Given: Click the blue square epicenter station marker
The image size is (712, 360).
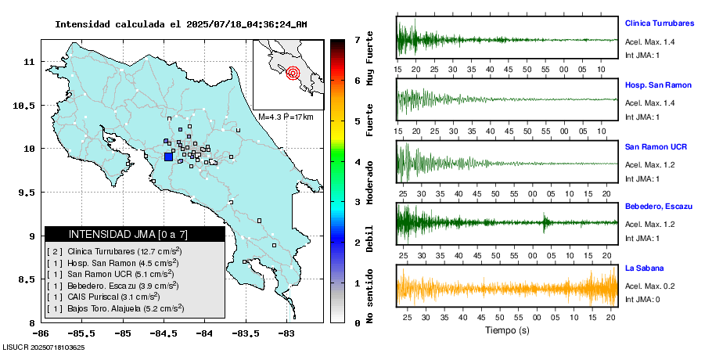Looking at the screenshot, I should tap(168, 157).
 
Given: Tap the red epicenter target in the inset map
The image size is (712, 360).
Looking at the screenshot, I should tap(293, 74).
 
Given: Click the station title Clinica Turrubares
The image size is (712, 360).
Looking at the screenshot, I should tap(659, 23).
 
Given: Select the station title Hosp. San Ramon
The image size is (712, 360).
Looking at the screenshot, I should tap(656, 84).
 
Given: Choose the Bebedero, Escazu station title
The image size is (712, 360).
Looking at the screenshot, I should tap(659, 206).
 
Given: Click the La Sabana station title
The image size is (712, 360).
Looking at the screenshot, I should tap(645, 268).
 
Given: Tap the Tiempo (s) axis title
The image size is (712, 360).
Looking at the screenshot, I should tap(507, 330).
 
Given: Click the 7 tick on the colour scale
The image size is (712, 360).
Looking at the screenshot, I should tap(357, 39).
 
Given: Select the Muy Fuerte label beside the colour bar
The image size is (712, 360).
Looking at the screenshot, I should tap(369, 59).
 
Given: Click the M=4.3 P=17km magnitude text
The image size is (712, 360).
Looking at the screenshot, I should tap(286, 117).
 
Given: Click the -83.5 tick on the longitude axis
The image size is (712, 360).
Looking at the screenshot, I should tap(245, 333).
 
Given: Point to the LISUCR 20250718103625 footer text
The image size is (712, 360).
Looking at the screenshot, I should tap(44, 347).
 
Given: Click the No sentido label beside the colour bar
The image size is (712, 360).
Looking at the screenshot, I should tap(369, 297).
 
